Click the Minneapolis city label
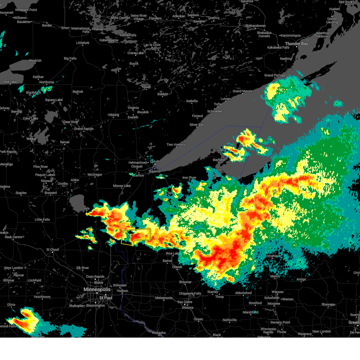(97, 289)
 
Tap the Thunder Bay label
(296, 44)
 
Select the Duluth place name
(155, 161)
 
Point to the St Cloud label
(52, 250)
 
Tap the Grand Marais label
(242, 91)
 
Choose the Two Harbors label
(176, 145)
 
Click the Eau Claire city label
(185, 302)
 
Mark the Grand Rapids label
(84, 129)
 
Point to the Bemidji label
(16, 112)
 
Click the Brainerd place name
(50, 193)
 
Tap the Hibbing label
(113, 115)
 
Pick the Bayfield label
(218, 160)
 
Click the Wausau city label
(277, 292)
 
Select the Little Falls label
(42, 220)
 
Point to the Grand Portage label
(275, 75)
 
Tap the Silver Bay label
(196, 125)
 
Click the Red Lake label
(10, 82)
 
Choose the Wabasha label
(159, 333)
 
